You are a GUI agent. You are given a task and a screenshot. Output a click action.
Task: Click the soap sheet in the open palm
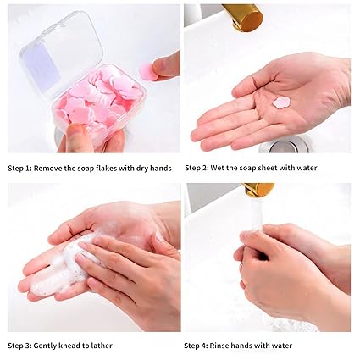281,102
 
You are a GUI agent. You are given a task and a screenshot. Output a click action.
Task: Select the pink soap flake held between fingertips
148,71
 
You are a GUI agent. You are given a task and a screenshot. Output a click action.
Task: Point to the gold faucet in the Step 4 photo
258,190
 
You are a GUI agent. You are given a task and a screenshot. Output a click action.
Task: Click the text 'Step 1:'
19,169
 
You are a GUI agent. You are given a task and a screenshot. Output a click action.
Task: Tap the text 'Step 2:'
197,168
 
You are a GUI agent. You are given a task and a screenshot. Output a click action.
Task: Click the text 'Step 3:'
19,346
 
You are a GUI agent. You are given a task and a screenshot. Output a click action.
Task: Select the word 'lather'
102,346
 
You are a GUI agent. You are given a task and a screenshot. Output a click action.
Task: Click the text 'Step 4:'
196,346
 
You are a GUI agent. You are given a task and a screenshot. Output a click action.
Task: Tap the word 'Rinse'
219,346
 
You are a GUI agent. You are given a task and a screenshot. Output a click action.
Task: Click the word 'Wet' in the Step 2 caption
217,168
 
